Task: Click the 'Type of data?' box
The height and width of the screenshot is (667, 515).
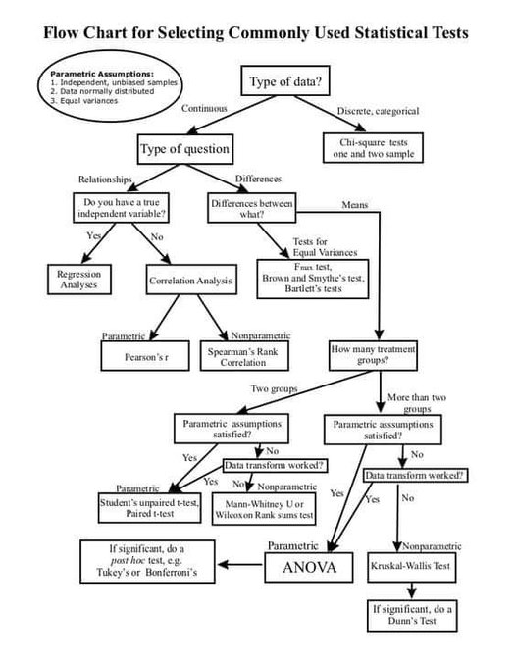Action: click(x=290, y=81)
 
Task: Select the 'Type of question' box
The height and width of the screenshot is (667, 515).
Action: click(x=186, y=149)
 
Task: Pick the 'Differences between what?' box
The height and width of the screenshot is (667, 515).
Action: click(x=250, y=208)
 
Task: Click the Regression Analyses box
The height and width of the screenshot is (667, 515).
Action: click(x=78, y=278)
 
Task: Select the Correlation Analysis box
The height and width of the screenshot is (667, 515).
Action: click(x=191, y=281)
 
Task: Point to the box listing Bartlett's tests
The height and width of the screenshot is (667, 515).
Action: click(x=311, y=272)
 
